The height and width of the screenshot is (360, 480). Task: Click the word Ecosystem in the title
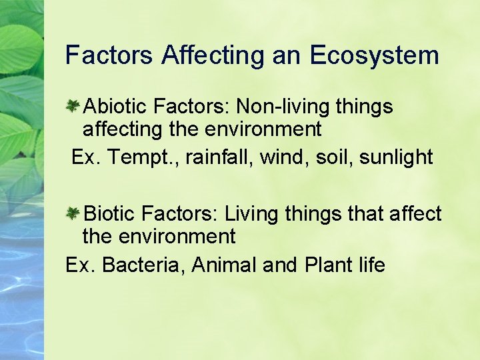[374, 55]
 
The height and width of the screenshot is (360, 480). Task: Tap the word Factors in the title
[109, 55]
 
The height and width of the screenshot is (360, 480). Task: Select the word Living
[252, 214]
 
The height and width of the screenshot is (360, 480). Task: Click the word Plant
[328, 265]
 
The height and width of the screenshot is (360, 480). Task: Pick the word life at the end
[372, 265]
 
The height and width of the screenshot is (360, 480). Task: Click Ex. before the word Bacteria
[80, 265]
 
